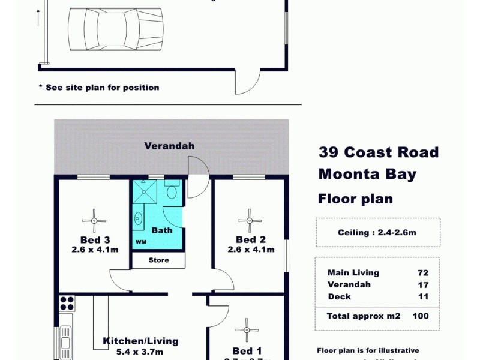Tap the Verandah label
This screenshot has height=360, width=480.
[169, 146]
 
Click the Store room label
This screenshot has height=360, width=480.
[158, 260]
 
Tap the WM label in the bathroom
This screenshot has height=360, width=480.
[141, 242]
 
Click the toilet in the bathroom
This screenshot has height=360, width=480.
[172, 191]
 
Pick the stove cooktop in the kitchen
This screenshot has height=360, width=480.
[66, 303]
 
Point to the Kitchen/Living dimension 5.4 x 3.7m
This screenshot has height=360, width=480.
[140, 352]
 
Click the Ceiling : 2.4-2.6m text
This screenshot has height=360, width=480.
[377, 233]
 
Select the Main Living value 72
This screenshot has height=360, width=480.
[422, 273]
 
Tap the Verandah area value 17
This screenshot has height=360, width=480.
[422, 285]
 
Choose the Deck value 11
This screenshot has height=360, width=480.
[422, 297]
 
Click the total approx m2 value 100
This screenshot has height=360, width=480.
[420, 316]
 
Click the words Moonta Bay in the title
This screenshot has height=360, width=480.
[367, 175]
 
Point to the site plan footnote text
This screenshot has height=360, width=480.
[99, 88]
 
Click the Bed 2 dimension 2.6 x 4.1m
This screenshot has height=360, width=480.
[251, 250]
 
